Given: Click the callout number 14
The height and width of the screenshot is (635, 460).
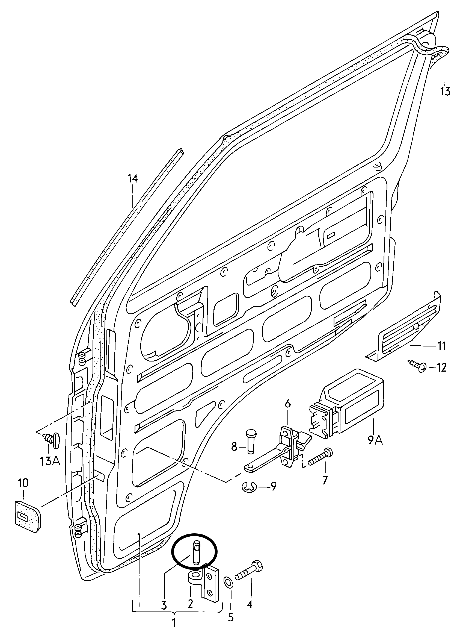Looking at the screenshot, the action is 133,179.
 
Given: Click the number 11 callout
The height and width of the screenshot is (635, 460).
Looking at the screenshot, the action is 441,346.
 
